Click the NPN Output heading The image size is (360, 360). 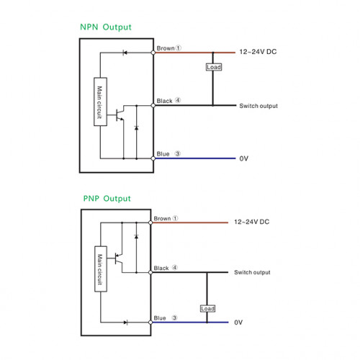point(106,27)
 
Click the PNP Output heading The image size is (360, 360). point(107,199)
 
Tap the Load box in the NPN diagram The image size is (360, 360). point(214,67)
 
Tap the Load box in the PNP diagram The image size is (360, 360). point(207,308)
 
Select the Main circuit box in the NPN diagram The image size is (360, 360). point(100,102)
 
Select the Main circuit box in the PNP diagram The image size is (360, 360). point(101,269)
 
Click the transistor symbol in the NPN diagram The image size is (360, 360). point(120,114)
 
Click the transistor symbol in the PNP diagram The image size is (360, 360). point(119,259)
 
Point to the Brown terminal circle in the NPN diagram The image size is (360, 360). point(153,53)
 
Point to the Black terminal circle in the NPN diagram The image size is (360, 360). point(153,105)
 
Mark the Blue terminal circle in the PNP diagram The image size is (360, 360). point(150,323)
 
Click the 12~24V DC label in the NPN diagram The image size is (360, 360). point(258,52)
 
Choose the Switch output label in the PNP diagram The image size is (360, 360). point(252,272)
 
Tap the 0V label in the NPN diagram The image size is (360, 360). point(244,158)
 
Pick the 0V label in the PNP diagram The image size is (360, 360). point(238,323)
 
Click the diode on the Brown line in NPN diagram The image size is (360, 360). point(125,53)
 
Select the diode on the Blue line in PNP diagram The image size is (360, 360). point(126,323)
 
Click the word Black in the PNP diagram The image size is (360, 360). point(161,268)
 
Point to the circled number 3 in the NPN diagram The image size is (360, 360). point(178,153)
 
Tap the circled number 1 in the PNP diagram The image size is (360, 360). point(176,218)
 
